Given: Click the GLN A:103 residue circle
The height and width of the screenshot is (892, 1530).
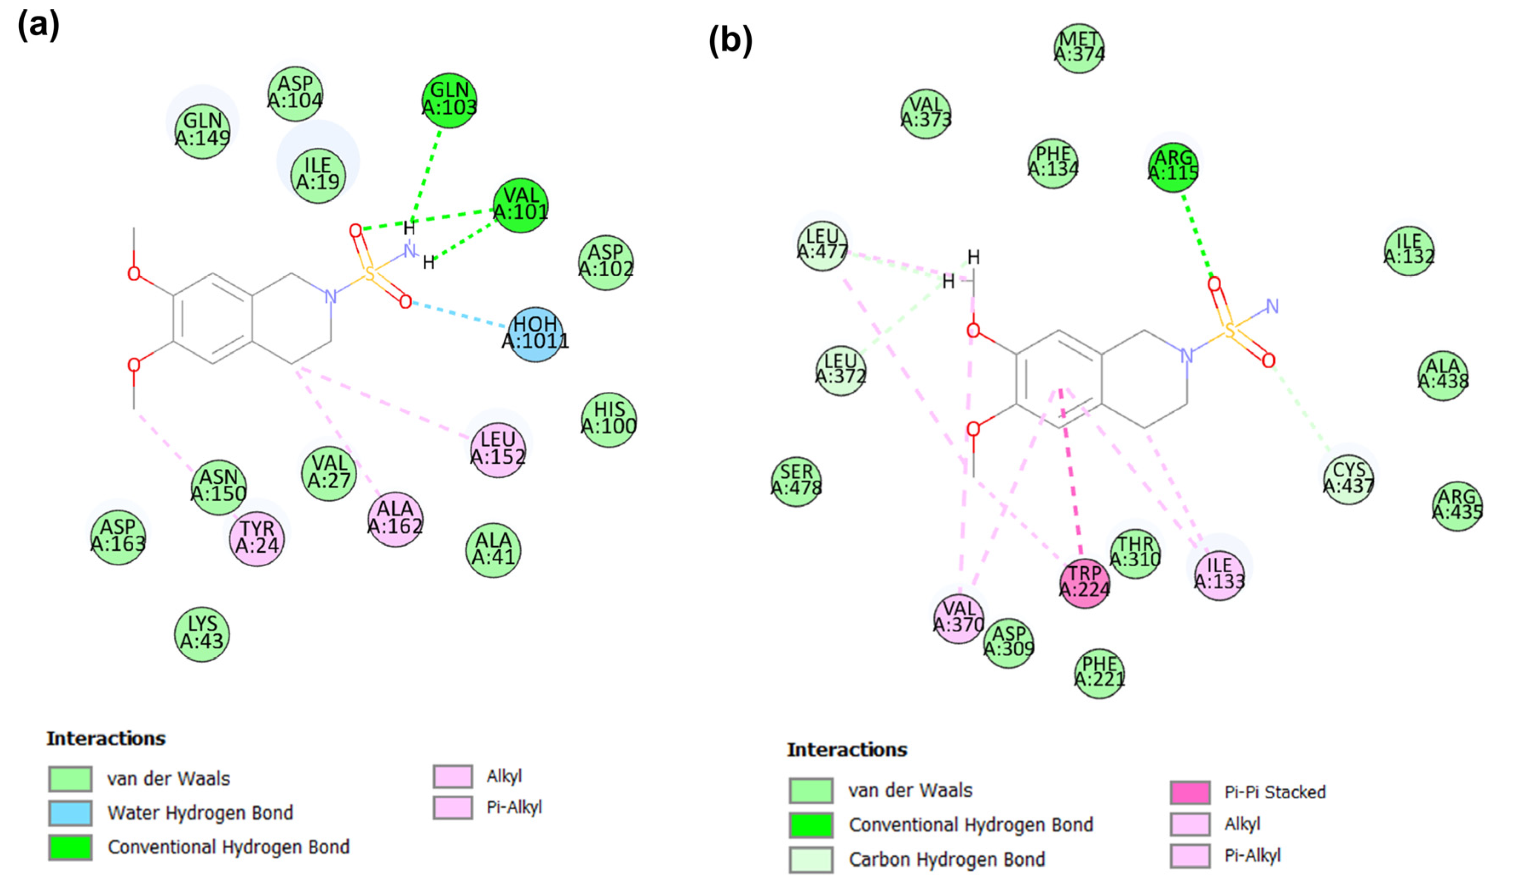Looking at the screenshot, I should tap(449, 100).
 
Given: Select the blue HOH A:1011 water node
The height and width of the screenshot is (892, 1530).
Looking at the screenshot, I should tap(535, 333).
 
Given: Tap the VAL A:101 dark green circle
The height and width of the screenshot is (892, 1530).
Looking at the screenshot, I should tap(521, 205).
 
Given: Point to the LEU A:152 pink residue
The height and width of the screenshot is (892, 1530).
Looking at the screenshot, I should tap(498, 449).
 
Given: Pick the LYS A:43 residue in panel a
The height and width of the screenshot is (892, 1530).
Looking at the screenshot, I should tap(202, 633).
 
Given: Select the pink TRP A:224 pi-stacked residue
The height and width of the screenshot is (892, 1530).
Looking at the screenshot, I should tap(1084, 582).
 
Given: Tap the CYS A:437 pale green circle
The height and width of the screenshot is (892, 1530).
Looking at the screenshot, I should tap(1349, 479).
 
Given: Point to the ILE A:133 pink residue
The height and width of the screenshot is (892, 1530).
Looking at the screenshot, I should tap(1219, 574).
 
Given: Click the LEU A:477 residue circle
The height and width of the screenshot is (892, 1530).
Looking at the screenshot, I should tap(822, 245).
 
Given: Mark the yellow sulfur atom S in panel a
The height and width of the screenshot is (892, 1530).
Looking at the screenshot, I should tap(369, 274).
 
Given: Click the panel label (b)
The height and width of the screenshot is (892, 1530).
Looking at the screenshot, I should tap(730, 41).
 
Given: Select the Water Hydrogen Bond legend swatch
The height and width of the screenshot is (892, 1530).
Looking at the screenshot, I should tap(70, 812).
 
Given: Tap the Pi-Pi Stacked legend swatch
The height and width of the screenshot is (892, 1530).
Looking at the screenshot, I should tap(1190, 792).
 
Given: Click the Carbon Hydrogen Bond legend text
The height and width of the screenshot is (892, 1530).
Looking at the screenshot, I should tap(947, 859).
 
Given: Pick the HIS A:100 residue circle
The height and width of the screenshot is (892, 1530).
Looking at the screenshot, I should tap(609, 419).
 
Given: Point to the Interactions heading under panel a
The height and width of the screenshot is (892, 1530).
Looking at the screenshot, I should tap(106, 738).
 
